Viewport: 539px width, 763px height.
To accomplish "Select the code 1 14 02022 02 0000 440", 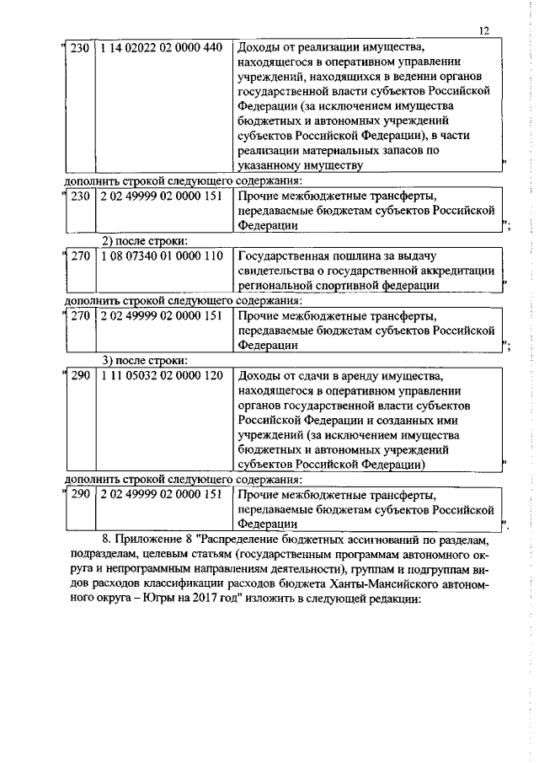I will click(160, 47).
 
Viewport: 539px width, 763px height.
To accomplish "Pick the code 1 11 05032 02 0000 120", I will click(160, 372).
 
